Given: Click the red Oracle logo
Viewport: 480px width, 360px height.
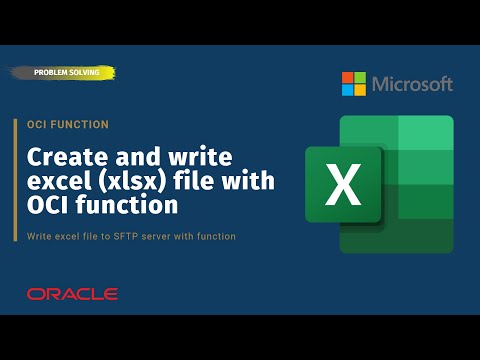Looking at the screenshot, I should [72, 294].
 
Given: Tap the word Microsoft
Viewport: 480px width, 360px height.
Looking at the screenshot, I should [412, 84].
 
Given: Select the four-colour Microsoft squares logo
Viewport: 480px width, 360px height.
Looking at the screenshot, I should [354, 84].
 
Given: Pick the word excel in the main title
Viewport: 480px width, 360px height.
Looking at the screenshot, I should [55, 182].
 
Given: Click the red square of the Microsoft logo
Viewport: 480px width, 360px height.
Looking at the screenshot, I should [348, 78].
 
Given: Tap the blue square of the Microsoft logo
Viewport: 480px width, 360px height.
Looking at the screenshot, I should [348, 90].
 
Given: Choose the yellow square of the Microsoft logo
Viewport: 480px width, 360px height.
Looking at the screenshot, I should [360, 90].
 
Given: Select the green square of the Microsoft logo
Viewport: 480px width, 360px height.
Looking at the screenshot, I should [360, 78].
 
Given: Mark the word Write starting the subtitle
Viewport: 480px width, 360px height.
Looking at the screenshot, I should [34, 236].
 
